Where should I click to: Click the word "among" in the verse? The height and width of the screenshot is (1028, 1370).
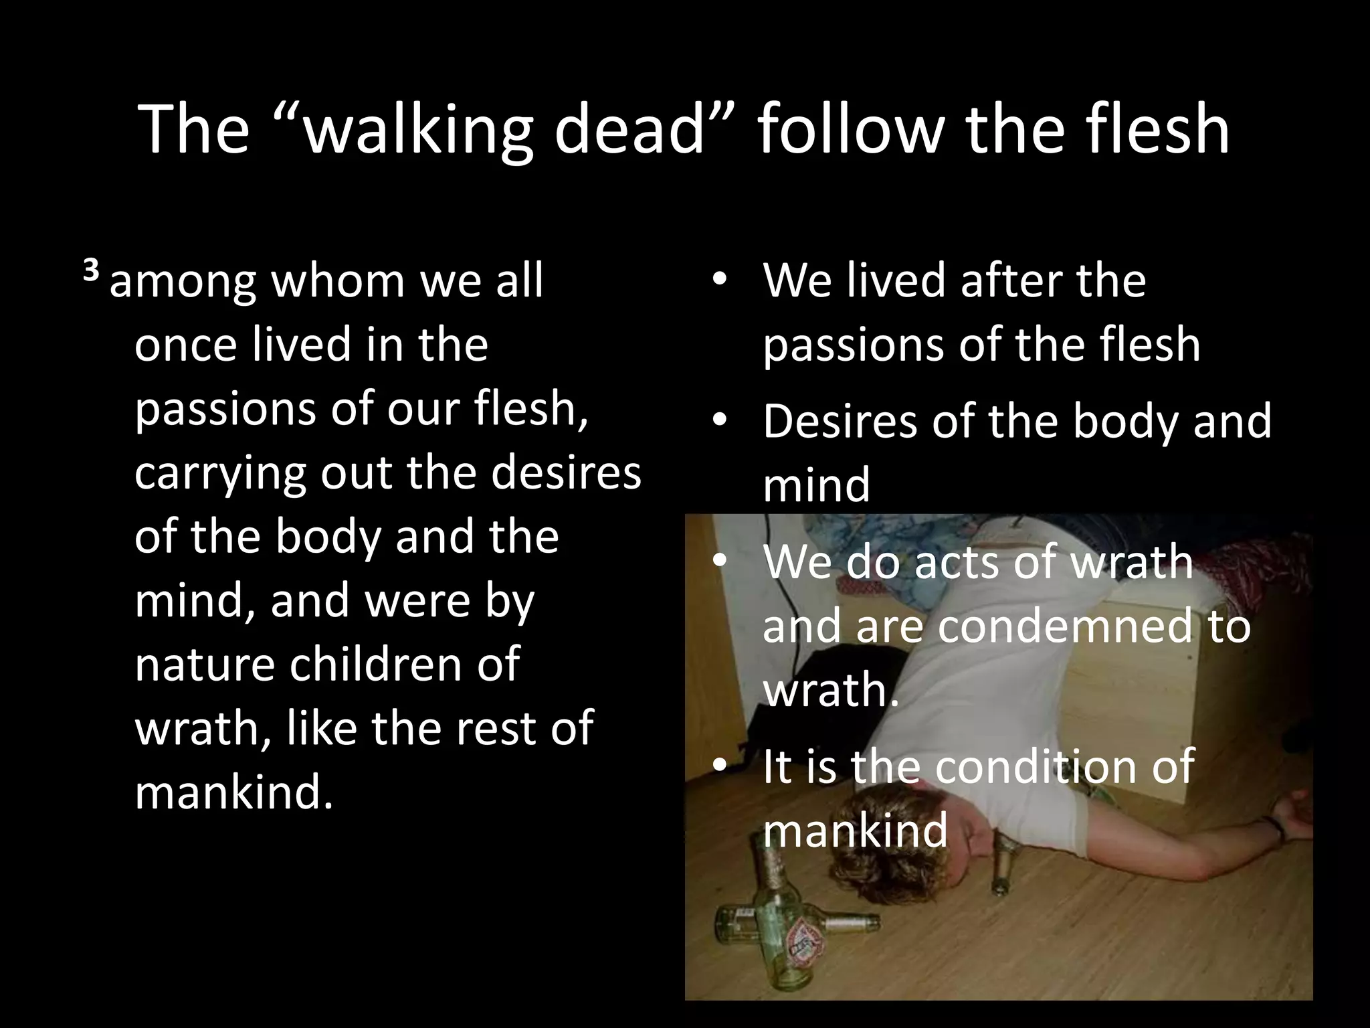(183, 282)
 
